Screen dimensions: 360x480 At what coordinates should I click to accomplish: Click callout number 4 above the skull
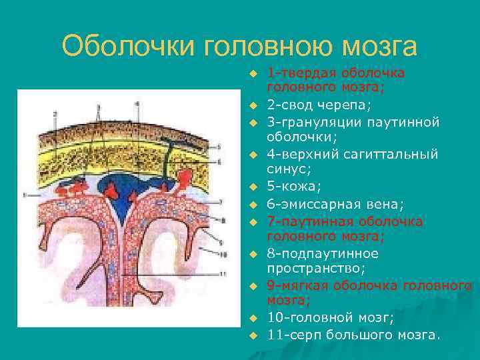pos(137,104)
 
